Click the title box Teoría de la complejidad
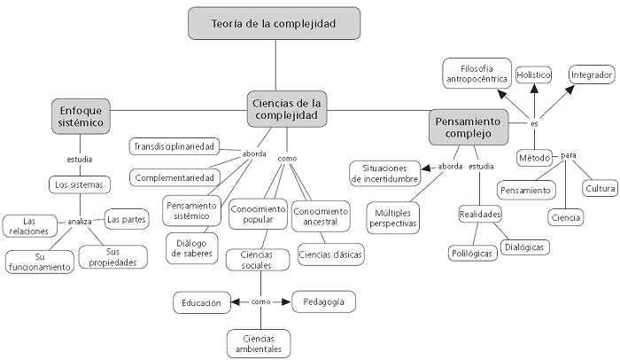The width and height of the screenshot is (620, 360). [x=275, y=24]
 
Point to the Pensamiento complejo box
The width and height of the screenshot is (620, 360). [x=469, y=128]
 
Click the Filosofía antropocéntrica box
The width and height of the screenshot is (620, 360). [x=477, y=74]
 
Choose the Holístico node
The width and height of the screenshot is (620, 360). [x=533, y=75]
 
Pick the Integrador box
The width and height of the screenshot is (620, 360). [x=592, y=75]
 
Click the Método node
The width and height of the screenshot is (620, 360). [x=534, y=157]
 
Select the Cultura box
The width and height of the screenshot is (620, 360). [x=599, y=188]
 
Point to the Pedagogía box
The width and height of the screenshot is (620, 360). [x=323, y=301]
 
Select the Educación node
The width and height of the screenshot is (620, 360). [x=201, y=302]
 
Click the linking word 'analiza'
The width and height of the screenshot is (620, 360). [x=80, y=222]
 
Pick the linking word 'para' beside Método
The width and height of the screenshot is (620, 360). [x=568, y=155]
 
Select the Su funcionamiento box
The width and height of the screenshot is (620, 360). [x=40, y=262]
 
